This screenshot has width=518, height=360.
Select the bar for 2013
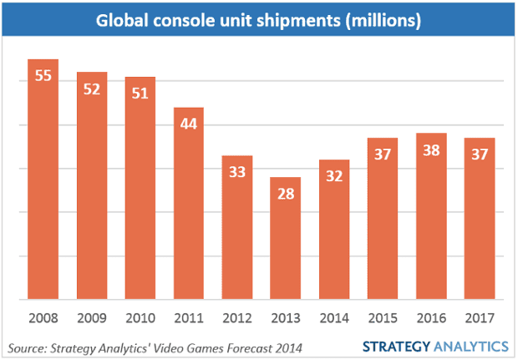[285, 238]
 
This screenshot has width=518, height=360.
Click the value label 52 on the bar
[91, 89]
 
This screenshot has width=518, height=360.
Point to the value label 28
[285, 194]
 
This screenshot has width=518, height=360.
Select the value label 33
[236, 172]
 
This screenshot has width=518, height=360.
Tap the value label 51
[140, 93]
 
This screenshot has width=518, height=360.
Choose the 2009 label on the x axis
[91, 318]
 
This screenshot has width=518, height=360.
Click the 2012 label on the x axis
[236, 318]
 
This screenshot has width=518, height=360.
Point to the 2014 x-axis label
[333, 318]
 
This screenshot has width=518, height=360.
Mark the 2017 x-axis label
[480, 318]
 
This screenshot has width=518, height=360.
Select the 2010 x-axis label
[140, 318]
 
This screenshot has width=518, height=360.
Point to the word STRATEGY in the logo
[395, 346]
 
